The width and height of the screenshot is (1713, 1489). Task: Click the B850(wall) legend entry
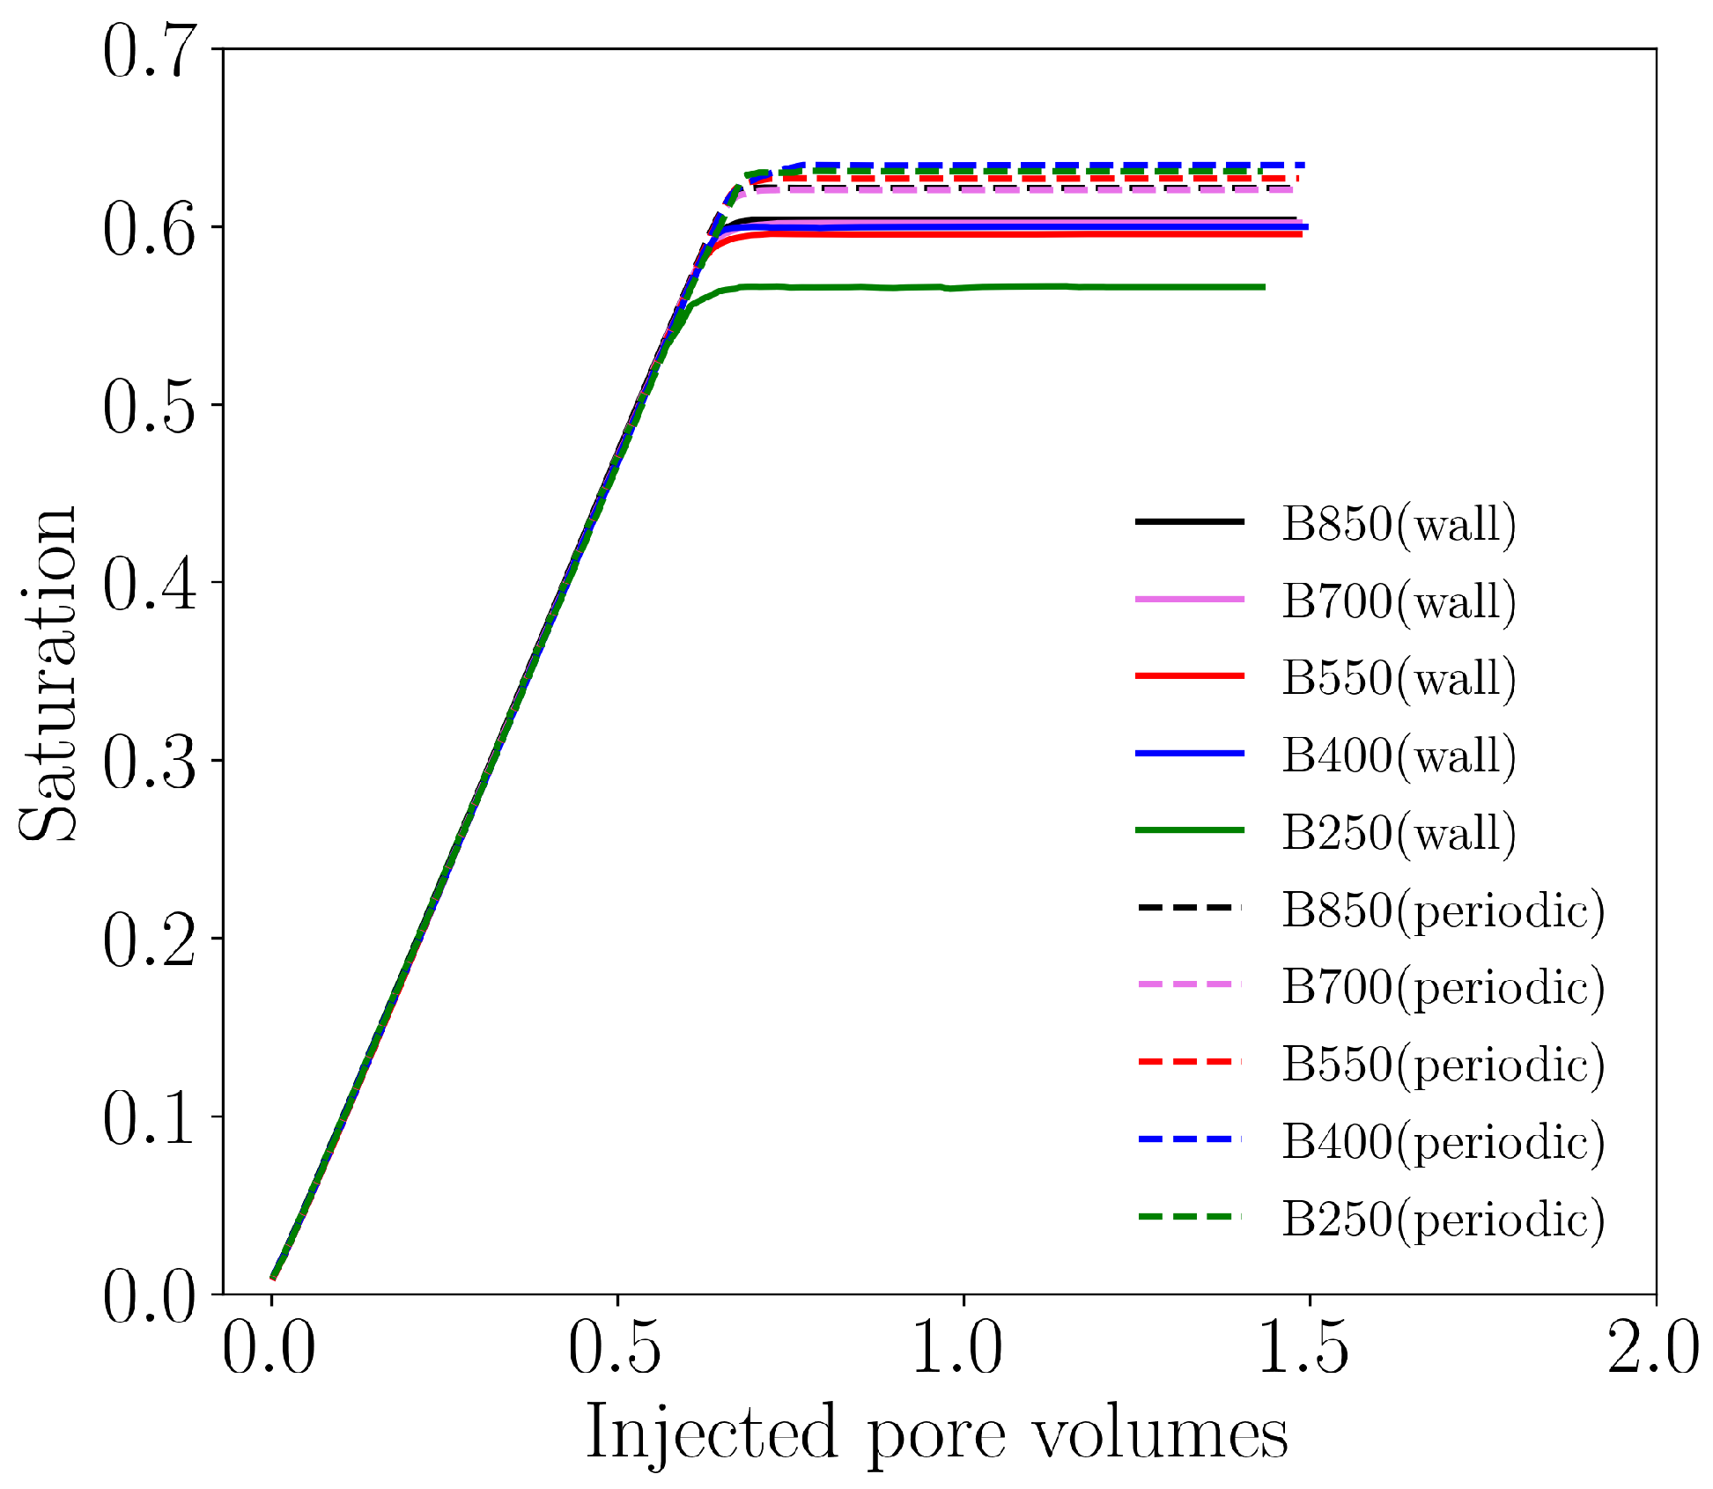[1398, 524]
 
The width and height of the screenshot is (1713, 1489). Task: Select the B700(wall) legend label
[1398, 601]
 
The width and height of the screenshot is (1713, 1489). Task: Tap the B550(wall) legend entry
[1398, 678]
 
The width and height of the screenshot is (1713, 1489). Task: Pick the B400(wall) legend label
[1398, 756]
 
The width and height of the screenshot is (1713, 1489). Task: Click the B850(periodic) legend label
[1442, 910]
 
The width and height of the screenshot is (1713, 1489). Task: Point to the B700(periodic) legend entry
[1442, 987]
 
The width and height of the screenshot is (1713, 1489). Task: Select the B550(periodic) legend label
[1442, 1065]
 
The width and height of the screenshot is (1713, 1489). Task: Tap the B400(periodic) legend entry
[1442, 1142]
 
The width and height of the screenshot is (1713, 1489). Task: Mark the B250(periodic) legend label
[1442, 1220]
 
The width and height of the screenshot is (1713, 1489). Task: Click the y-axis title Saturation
[48, 674]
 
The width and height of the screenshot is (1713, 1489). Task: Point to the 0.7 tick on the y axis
[148, 51]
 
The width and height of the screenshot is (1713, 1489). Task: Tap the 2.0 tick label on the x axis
[1653, 1349]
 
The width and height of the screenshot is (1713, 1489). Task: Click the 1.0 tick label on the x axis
[957, 1349]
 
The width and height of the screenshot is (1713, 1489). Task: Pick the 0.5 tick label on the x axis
[615, 1349]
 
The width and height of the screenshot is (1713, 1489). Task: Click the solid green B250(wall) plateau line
[1013, 287]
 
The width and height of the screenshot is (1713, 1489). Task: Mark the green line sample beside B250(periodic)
[1189, 1217]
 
